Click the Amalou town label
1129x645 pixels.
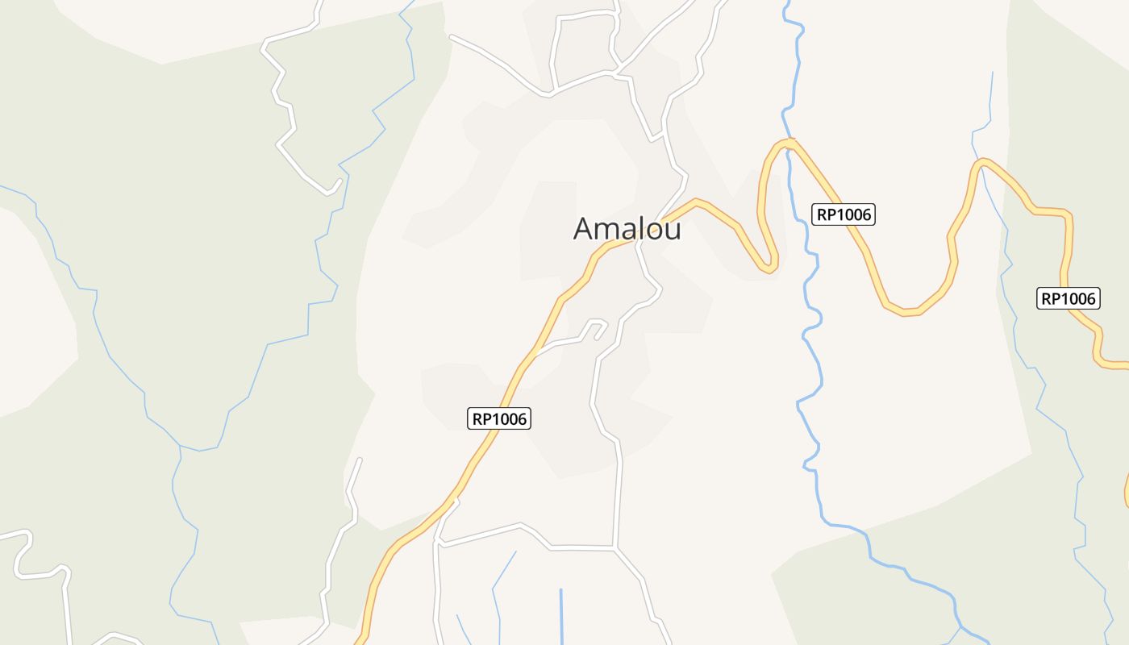point(627,229)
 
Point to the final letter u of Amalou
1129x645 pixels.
point(673,231)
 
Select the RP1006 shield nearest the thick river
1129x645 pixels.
point(843,214)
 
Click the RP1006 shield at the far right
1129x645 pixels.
point(1068,299)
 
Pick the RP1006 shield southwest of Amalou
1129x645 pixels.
point(499,419)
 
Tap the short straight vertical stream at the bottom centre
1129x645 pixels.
point(560,617)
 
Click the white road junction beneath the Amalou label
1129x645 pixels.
point(636,241)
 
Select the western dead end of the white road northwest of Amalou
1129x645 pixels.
point(452,36)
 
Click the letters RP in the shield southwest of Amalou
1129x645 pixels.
point(482,419)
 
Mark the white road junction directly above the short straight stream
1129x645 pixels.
point(615,548)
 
